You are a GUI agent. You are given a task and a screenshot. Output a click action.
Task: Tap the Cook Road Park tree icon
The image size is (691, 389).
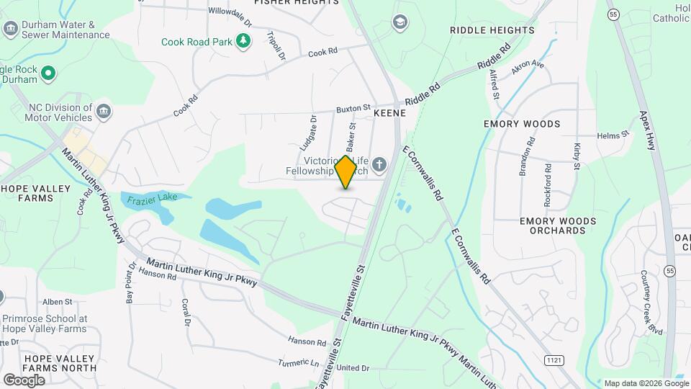click(x=244, y=41)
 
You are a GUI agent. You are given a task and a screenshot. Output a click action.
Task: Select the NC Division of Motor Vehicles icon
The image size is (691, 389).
click(x=104, y=112)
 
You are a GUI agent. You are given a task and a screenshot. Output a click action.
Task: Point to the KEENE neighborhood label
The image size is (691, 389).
click(x=390, y=114)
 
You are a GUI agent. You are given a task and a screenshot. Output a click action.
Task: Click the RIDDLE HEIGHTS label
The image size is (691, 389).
click(x=492, y=30)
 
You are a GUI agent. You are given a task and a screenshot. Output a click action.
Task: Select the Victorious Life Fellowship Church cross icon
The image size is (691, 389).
click(x=379, y=166)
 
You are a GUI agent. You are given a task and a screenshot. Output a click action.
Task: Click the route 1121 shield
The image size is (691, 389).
click(x=551, y=358)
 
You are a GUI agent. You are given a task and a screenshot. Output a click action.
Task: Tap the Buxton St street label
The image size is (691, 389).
click(x=353, y=109)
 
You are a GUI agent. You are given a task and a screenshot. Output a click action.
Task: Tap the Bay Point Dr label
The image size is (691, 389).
click(x=130, y=282)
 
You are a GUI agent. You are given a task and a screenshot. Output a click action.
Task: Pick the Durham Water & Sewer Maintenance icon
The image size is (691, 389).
click(x=10, y=29)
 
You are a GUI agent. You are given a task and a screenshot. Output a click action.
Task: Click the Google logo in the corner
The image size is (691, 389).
click(x=24, y=380)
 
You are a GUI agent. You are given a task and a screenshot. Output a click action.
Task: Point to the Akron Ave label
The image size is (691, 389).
click(x=528, y=68)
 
